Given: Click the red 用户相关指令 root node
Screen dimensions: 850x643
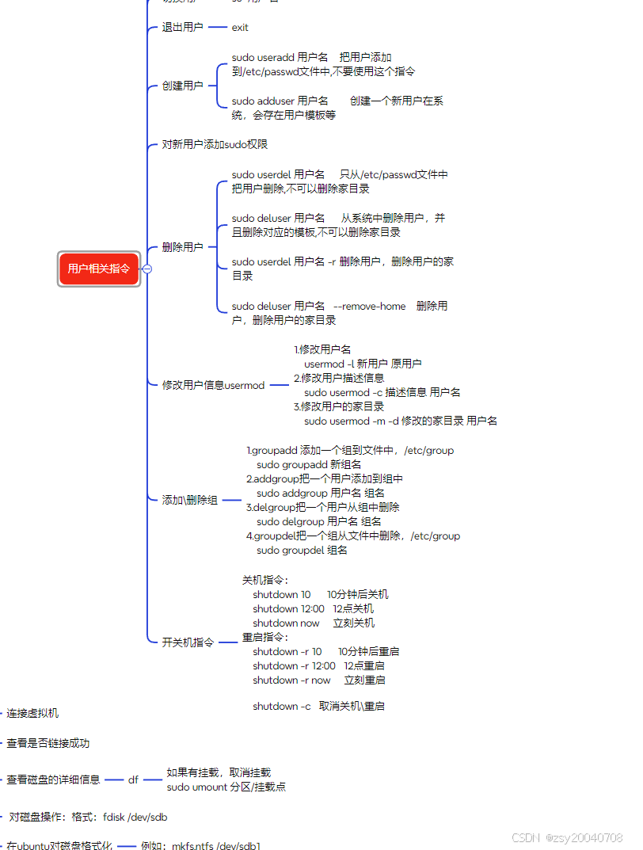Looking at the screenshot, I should pos(99,269).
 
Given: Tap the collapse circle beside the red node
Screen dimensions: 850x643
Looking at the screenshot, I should pos(146,269).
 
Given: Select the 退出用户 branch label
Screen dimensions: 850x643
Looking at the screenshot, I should pos(182,27).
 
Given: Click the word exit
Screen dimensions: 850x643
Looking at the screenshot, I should pos(240,27).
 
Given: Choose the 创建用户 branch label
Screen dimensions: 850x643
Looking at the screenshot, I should pos(182,86).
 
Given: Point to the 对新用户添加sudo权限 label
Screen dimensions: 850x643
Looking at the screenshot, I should pos(215,144).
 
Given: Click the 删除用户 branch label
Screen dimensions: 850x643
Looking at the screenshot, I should pos(182,247).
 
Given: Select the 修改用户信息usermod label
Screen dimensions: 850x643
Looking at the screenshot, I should pos(213,385).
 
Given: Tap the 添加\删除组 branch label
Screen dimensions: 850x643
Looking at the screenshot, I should pos(190,500).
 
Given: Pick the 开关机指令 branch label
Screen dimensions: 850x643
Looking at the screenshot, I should pos(188,642).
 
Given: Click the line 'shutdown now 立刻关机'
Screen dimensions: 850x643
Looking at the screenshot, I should pos(314,623).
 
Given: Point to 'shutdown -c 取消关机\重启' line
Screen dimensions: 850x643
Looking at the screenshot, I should pos(318,706).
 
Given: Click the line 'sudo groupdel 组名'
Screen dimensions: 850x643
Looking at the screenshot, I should pos(302,550).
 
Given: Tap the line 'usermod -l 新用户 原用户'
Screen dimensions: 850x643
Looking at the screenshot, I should pos(363,364).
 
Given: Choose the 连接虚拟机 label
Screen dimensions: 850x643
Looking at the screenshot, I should pos(32,713).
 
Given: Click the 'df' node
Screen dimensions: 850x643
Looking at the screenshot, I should pos(133,779).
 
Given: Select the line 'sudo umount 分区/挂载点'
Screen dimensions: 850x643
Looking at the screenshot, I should pos(226,787).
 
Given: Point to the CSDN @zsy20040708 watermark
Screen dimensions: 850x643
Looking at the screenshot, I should pos(567,837).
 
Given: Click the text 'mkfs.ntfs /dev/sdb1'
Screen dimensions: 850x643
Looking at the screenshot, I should pos(216,845).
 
